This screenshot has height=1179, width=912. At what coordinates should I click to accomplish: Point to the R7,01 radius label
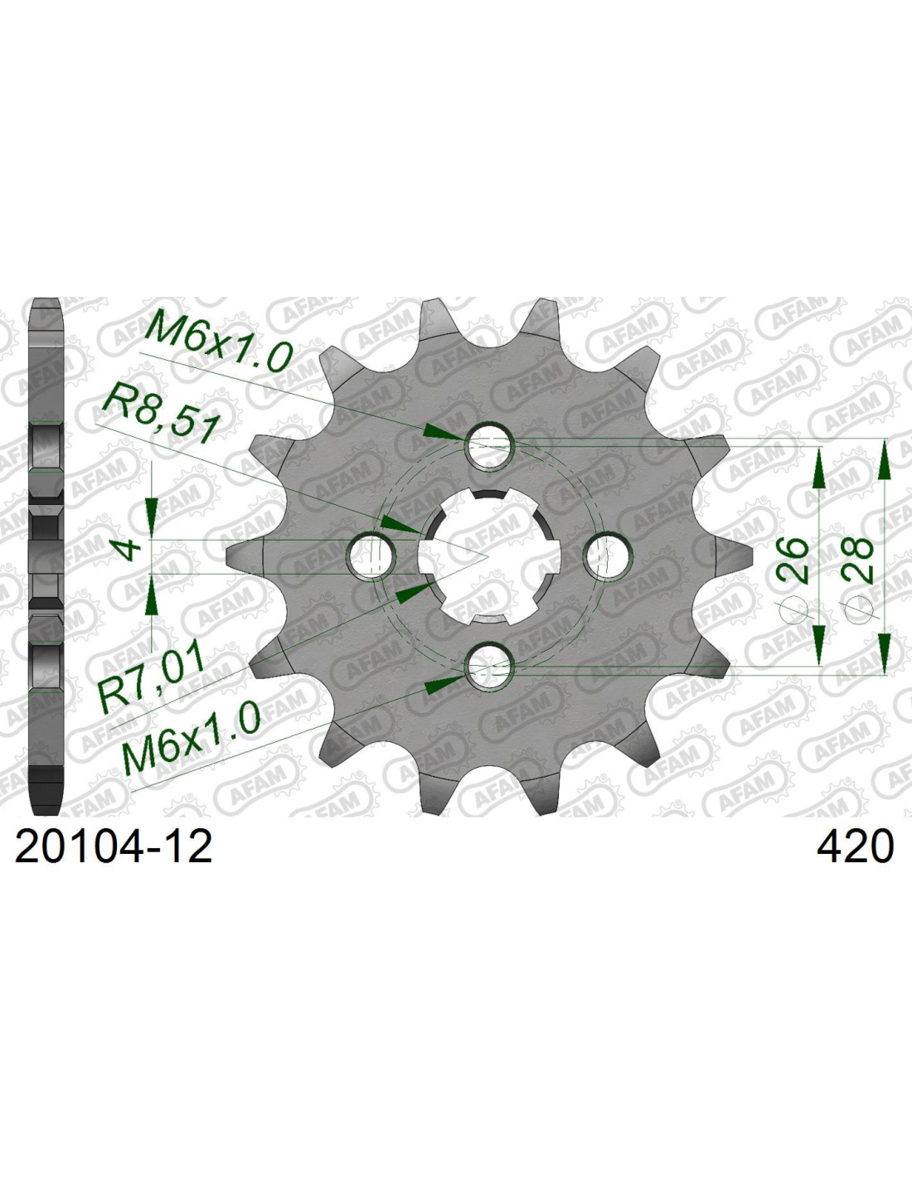152,677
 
